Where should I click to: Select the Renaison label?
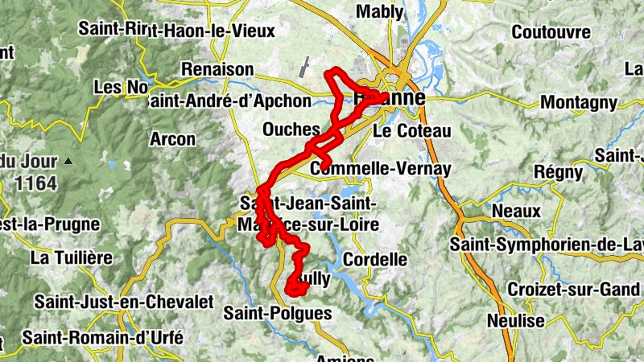pos(217,70)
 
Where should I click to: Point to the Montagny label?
pos(579,102)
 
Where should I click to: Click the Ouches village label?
pos(291,130)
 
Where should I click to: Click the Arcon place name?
pos(172,138)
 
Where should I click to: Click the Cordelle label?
pos(374,259)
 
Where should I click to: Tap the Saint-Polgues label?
pos(277,312)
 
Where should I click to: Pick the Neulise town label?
pos(516,320)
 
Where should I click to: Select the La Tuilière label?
pos(70,257)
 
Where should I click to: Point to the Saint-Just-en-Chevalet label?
pos(123,302)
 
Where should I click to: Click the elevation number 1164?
pos(35,183)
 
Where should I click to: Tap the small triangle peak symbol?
pos(68,161)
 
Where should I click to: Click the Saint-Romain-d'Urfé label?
pos(103,337)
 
